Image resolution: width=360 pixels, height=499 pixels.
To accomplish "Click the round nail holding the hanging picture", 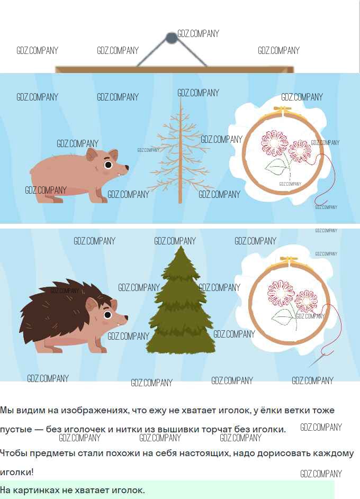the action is click(x=171, y=38).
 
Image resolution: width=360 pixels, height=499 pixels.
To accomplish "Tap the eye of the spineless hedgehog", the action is click(x=108, y=165).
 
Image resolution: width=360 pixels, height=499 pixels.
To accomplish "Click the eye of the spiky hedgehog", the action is click(x=107, y=315).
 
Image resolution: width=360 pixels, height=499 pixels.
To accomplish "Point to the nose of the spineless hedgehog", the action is click(x=127, y=167).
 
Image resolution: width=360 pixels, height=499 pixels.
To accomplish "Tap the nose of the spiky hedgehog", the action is click(x=126, y=317).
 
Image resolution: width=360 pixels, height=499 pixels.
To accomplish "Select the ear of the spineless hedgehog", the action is click(x=92, y=155).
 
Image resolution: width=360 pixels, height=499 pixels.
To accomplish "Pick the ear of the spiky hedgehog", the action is click(x=92, y=305).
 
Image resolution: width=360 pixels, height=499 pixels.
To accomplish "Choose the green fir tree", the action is click(x=181, y=301).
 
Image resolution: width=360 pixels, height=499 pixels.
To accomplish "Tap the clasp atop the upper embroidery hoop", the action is click(x=282, y=111).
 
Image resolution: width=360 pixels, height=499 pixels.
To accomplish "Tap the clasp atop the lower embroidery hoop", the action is click(x=289, y=261).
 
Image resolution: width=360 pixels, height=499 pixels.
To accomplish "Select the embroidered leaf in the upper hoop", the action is click(x=276, y=167).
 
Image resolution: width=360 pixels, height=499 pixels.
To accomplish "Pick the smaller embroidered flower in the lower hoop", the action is click(x=306, y=301).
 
